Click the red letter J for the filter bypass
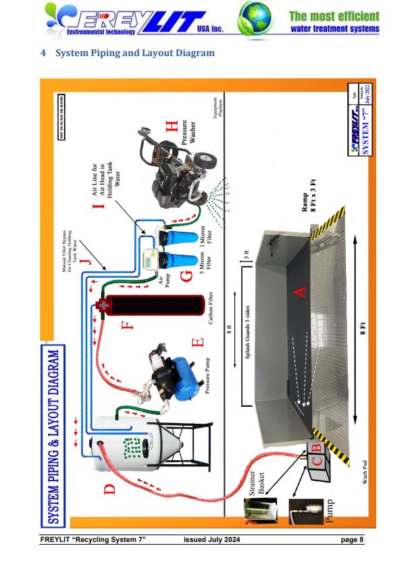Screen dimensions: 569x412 coord(84,258)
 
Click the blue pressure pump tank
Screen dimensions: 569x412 coord(181,373)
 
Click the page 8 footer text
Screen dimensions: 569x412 coord(353,539)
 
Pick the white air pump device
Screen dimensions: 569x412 coord(154,257)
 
